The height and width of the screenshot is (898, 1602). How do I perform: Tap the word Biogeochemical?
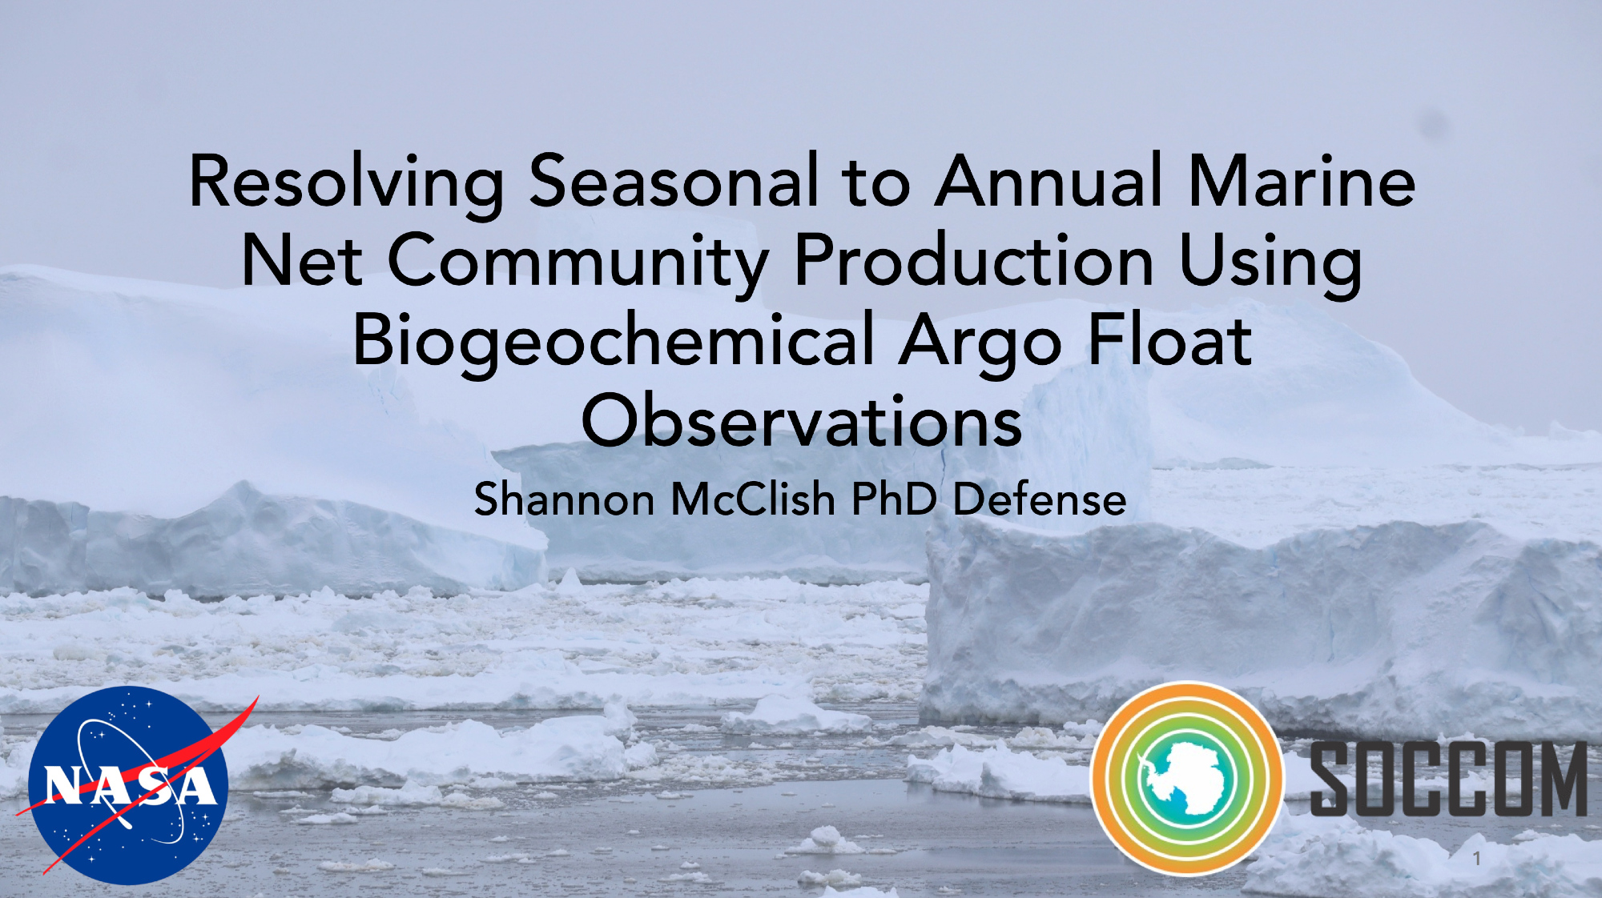click(613, 343)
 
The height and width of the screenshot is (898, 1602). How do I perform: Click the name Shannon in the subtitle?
click(565, 499)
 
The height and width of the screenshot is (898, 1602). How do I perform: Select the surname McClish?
click(753, 499)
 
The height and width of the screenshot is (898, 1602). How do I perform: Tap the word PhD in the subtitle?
click(894, 499)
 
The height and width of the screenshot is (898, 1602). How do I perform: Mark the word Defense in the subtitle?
click(1040, 499)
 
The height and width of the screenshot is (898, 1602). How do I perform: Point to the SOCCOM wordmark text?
click(1448, 779)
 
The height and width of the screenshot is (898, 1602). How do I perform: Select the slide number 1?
click(1476, 859)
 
